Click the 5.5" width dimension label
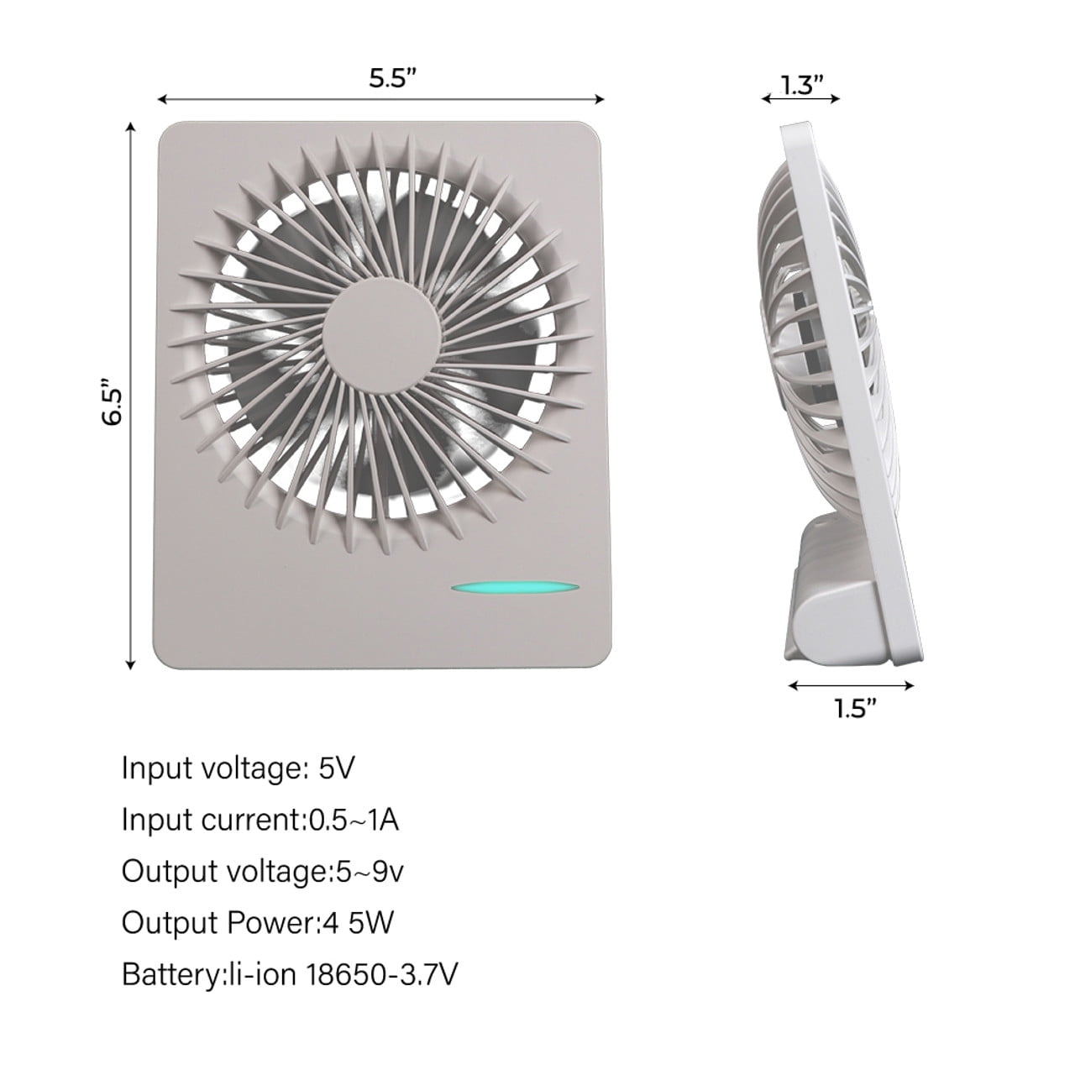393,78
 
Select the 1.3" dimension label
802,86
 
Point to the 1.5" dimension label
857,708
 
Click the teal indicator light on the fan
515,588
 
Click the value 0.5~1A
354,820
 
